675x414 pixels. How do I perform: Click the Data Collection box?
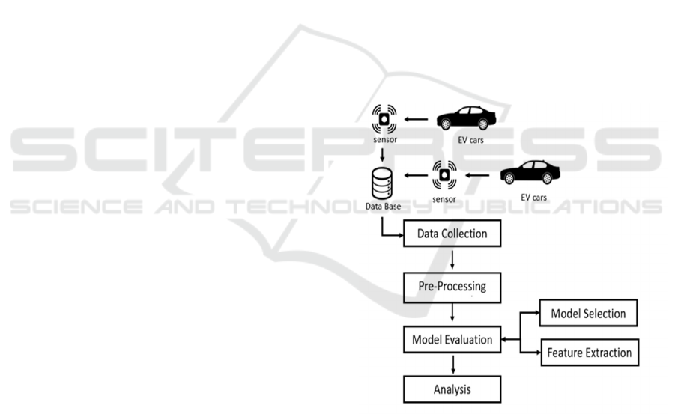coord(452,234)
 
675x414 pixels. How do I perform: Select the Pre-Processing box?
coord(451,287)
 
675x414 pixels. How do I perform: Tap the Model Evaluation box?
coord(452,340)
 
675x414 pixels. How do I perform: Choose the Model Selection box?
coord(588,313)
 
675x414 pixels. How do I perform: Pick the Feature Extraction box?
coord(589,353)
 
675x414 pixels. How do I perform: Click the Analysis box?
coord(452,389)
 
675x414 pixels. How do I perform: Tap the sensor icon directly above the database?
coord(384,120)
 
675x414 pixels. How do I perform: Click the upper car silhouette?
coord(465,118)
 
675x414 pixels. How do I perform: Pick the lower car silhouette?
coord(530,173)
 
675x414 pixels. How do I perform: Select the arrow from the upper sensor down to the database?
coord(383,155)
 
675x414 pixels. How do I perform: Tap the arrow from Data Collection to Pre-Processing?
coord(452,261)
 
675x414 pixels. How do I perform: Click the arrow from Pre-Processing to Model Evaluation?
coord(452,313)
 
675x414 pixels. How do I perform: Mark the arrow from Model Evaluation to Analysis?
coord(452,365)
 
